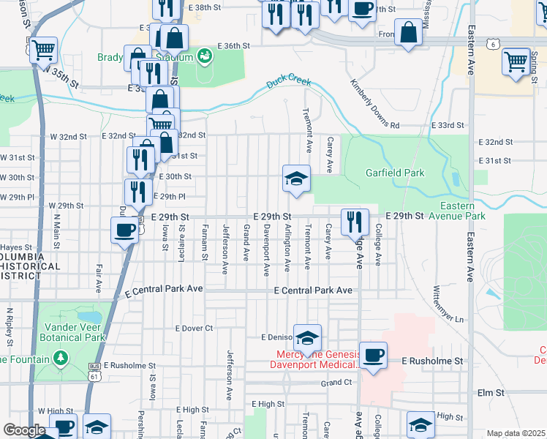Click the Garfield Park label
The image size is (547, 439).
click(395, 173)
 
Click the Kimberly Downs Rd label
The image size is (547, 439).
click(374, 105)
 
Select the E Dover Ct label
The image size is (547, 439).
click(194, 329)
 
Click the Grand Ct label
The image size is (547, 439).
click(336, 383)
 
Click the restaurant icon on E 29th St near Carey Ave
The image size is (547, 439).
click(355, 221)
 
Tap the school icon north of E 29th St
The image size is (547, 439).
click(296, 179)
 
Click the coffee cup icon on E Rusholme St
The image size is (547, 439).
click(373, 356)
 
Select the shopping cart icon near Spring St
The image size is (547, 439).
click(516, 61)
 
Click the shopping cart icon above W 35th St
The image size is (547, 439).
click(44, 50)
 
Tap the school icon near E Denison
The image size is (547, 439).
click(308, 337)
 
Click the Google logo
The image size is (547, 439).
click(25, 430)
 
